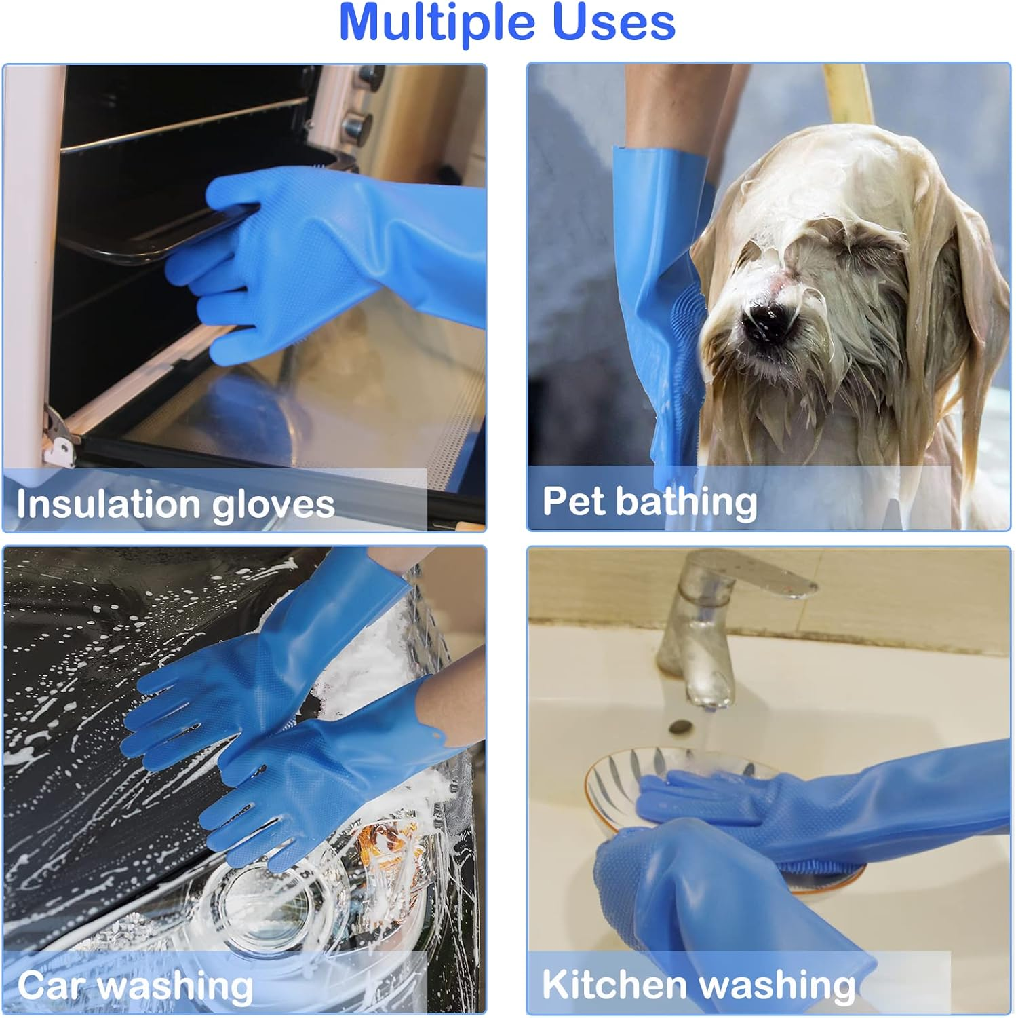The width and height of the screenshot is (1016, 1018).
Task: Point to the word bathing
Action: click(x=686, y=502)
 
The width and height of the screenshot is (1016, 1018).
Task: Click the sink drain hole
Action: click(x=680, y=727)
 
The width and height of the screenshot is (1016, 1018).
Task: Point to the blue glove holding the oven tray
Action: click(x=319, y=258)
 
